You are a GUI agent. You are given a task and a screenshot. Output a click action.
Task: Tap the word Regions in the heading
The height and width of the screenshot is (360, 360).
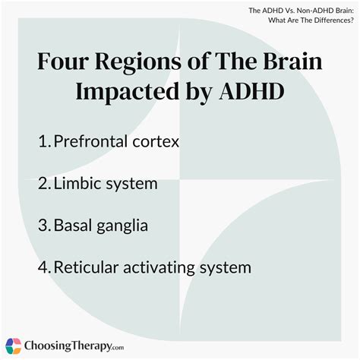coord(143,63)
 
